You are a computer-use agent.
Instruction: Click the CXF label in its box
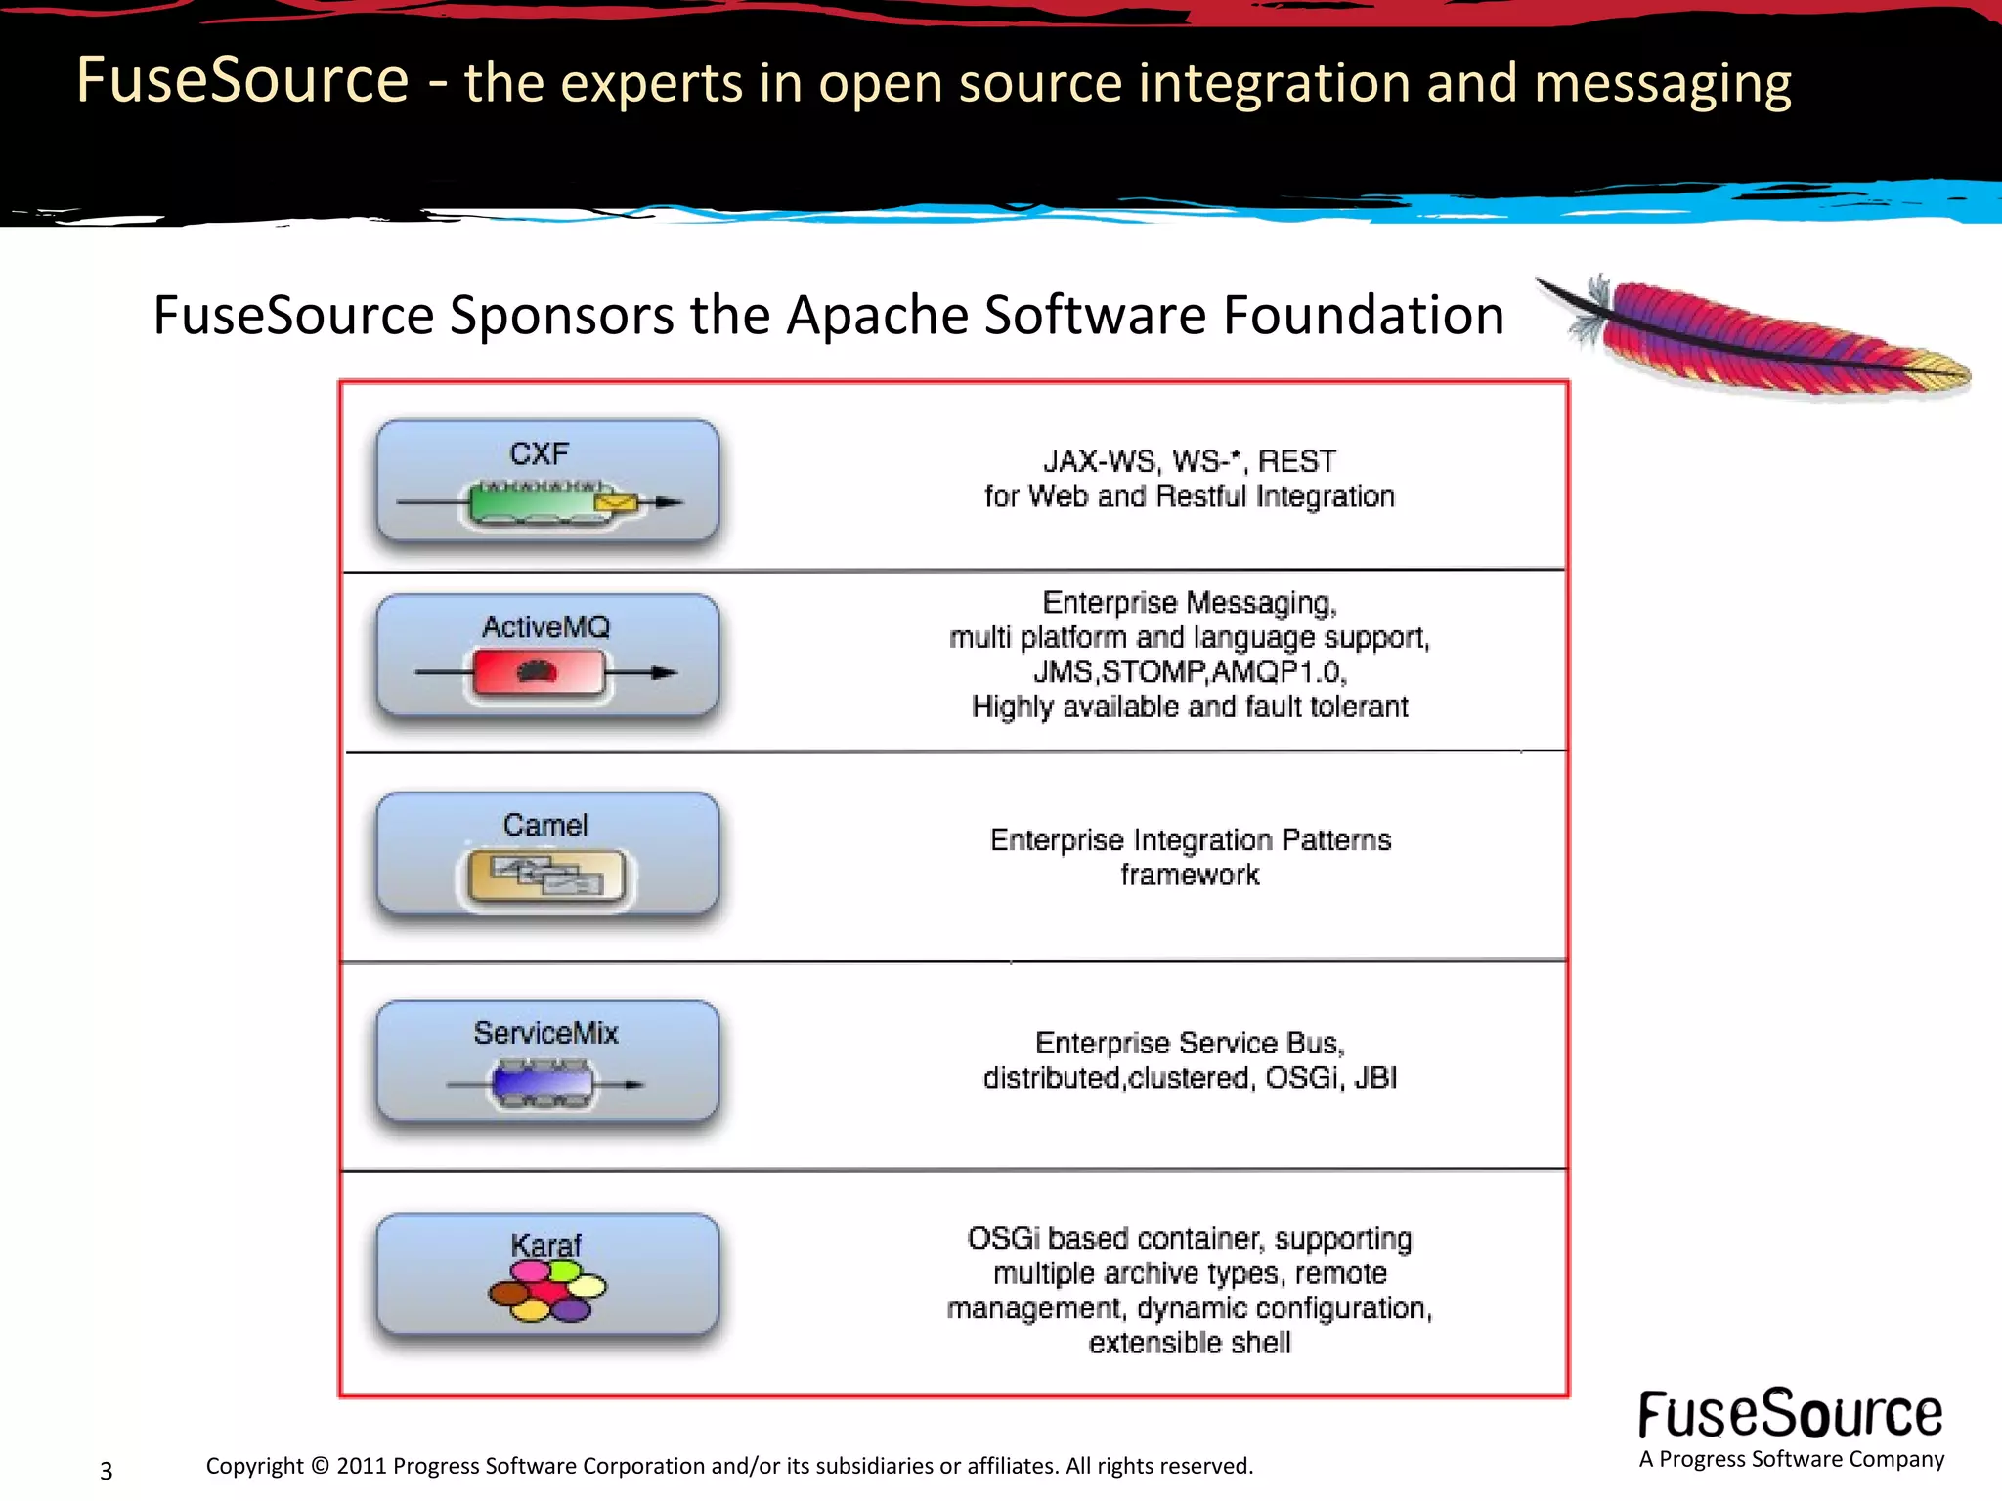(x=539, y=454)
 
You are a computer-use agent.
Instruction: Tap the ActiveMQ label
(x=545, y=627)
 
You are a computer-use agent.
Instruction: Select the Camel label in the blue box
(x=545, y=825)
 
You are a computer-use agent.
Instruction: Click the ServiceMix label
(x=545, y=1033)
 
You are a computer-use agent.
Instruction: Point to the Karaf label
(x=545, y=1246)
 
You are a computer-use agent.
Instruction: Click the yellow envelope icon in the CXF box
(x=615, y=502)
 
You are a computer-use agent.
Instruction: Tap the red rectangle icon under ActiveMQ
(x=538, y=672)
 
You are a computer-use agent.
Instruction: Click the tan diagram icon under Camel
(x=545, y=877)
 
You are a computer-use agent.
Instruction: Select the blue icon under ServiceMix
(x=544, y=1085)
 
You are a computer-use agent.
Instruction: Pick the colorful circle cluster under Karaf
(x=547, y=1291)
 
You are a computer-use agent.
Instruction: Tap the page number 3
(x=107, y=1471)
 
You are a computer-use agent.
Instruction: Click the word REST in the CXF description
(x=1296, y=461)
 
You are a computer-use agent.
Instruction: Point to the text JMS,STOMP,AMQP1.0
(x=1189, y=672)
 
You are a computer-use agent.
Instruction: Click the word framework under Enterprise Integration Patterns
(x=1189, y=875)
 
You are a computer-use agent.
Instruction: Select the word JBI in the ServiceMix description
(x=1374, y=1078)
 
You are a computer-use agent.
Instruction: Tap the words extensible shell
(x=1189, y=1343)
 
